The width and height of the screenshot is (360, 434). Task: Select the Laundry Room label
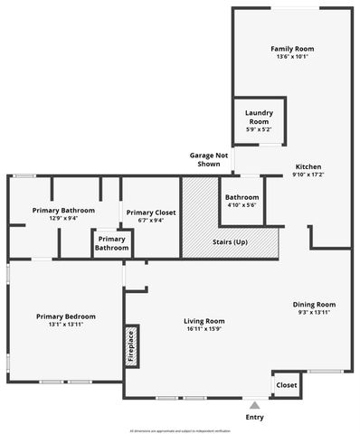click(x=259, y=118)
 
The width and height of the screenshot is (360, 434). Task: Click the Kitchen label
click(x=308, y=166)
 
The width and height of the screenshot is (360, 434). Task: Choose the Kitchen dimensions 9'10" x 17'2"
click(x=308, y=175)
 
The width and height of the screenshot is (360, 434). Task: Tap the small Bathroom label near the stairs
click(x=242, y=197)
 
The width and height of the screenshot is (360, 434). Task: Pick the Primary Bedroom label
click(x=66, y=316)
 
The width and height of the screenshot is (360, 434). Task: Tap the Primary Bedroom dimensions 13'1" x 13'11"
click(x=66, y=325)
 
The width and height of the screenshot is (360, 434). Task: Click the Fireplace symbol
click(x=131, y=346)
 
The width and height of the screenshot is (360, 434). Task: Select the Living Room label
click(x=204, y=320)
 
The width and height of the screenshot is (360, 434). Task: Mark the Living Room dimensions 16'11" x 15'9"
click(x=204, y=328)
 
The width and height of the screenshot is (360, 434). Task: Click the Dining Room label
click(x=314, y=304)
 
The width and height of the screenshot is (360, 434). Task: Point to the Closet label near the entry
click(x=287, y=384)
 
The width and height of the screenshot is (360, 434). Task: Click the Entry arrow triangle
click(x=255, y=405)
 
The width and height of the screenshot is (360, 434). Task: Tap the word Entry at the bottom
click(x=255, y=418)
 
